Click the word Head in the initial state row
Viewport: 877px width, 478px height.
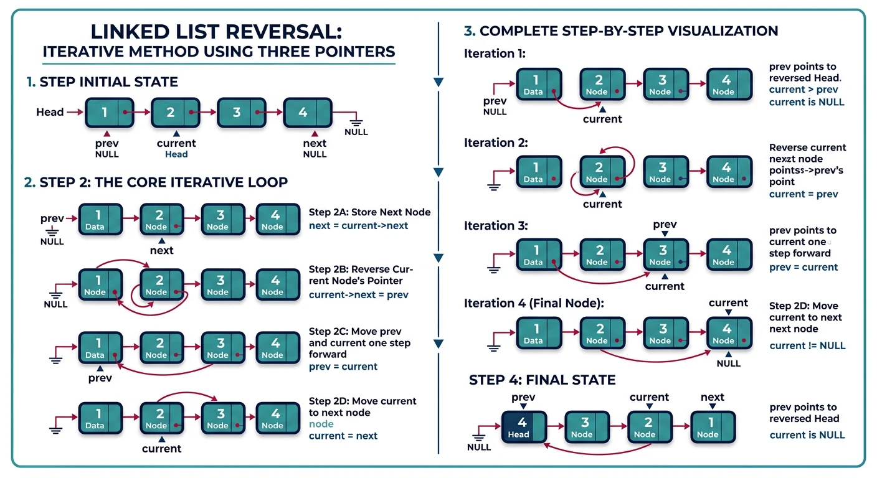(50, 112)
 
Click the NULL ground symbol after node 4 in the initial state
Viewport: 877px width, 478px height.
(356, 122)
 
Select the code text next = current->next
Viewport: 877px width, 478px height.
(358, 225)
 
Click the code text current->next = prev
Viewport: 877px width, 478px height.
(358, 294)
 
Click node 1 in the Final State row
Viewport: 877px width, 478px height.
(713, 427)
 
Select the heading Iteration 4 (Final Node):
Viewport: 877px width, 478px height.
(534, 303)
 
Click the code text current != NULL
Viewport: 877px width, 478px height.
(807, 345)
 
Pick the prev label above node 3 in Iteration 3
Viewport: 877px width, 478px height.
(665, 225)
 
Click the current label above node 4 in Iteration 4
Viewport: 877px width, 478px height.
(728, 303)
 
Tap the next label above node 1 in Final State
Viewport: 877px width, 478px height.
(712, 397)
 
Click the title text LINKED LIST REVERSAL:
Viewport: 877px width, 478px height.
(216, 32)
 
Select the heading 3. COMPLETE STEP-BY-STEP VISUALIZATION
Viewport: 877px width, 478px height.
(621, 30)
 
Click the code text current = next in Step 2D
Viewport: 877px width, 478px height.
(343, 436)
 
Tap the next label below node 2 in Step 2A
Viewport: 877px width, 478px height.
(161, 250)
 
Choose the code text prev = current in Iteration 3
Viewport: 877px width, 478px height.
(804, 267)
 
